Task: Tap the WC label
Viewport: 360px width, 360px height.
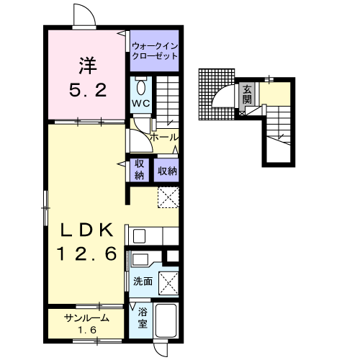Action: click(x=141, y=104)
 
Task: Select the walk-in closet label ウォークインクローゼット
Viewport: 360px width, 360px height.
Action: click(x=155, y=51)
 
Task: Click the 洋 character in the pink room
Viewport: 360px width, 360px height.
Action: click(x=88, y=66)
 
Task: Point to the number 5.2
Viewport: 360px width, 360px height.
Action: click(x=88, y=90)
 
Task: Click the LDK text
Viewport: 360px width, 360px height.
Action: click(x=86, y=230)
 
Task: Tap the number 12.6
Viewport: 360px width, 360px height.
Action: click(x=86, y=253)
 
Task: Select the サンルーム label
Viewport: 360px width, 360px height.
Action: click(x=86, y=318)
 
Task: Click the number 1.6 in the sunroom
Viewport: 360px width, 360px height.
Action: click(x=86, y=330)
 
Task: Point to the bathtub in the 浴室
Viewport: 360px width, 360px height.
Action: click(x=166, y=320)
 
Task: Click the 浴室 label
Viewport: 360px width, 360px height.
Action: click(x=143, y=318)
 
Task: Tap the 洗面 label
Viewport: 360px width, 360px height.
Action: click(x=143, y=282)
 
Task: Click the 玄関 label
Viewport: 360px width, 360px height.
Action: click(x=247, y=94)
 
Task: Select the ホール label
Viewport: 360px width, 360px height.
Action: click(x=164, y=138)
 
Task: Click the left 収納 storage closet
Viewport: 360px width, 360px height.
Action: click(x=139, y=170)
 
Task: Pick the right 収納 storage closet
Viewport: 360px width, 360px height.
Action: click(x=166, y=170)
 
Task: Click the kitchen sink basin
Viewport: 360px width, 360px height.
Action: click(x=139, y=236)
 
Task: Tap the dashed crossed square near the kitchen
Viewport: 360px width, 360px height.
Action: click(x=168, y=197)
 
